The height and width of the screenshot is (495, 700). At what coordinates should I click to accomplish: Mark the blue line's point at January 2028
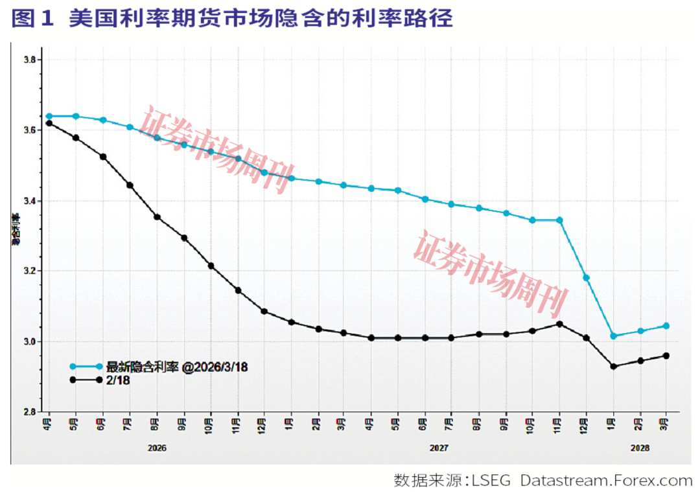click(x=613, y=336)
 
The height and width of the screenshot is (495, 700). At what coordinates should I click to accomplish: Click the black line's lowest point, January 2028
click(x=613, y=367)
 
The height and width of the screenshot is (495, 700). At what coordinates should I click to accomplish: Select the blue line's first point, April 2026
click(x=49, y=116)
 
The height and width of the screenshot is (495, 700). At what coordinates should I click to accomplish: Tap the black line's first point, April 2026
click(x=49, y=123)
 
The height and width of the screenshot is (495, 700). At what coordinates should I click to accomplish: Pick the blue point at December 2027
click(x=586, y=278)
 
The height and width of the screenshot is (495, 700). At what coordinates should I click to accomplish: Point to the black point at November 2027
click(x=559, y=324)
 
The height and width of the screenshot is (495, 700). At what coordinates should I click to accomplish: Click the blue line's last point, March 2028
click(x=666, y=326)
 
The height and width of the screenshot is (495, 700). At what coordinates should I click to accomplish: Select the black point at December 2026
click(x=264, y=311)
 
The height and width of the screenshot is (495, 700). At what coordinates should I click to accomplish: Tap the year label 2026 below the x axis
click(x=157, y=448)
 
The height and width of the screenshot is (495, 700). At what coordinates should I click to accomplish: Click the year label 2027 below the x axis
click(x=439, y=448)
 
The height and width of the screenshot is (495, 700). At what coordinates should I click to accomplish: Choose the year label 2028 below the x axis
click(x=639, y=448)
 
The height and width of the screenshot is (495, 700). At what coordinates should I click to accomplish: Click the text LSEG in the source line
click(x=495, y=481)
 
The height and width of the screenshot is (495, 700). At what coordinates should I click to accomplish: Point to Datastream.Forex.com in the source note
click(x=607, y=481)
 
